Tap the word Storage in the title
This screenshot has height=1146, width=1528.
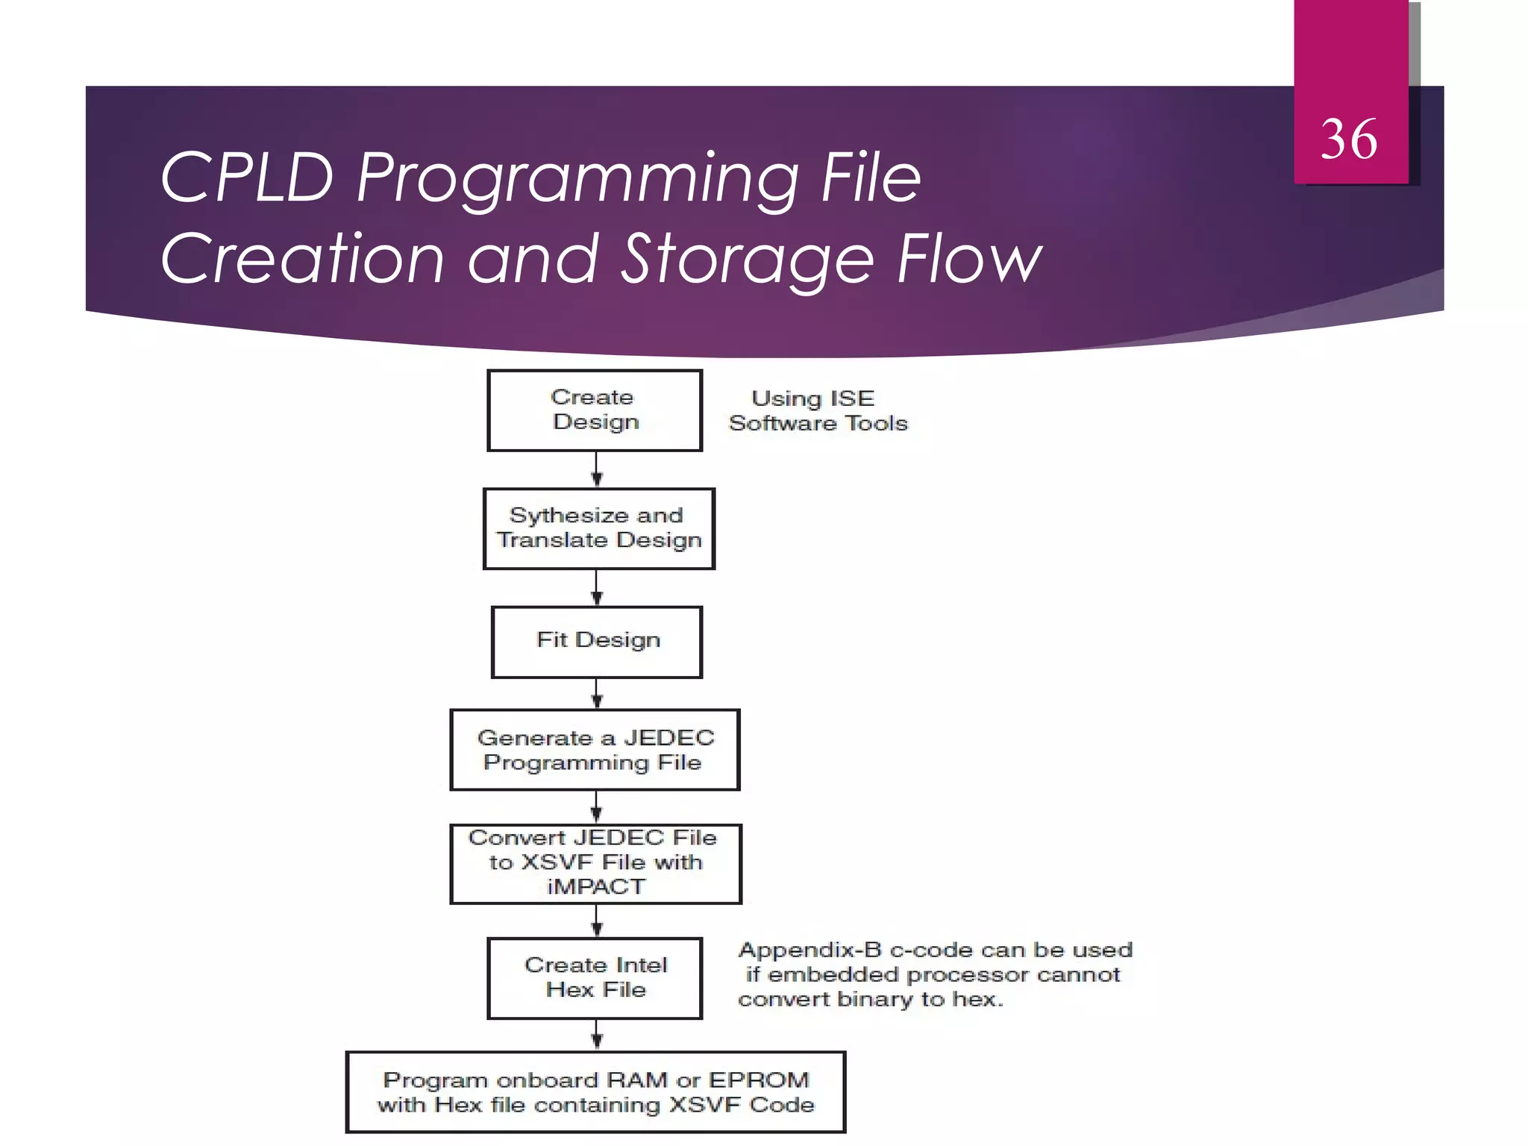tap(747, 259)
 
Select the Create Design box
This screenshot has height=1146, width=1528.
tap(595, 410)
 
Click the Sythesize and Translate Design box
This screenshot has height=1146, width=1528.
tap(598, 528)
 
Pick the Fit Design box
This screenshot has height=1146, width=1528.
tap(597, 641)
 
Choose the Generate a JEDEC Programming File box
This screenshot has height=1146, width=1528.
tap(595, 749)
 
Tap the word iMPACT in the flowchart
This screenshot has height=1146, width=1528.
tap(595, 886)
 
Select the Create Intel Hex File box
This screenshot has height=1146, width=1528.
tap(595, 977)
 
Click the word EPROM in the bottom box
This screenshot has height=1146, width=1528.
tap(759, 1080)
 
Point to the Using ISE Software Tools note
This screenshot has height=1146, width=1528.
tap(818, 410)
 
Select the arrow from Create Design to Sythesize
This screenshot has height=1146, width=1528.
tap(596, 470)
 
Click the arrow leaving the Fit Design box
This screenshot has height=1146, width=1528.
tap(596, 694)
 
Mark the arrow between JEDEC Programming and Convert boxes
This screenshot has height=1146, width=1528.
tap(596, 807)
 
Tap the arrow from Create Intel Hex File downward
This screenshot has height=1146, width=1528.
tap(596, 1035)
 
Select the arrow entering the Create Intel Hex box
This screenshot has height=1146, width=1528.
tap(596, 921)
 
